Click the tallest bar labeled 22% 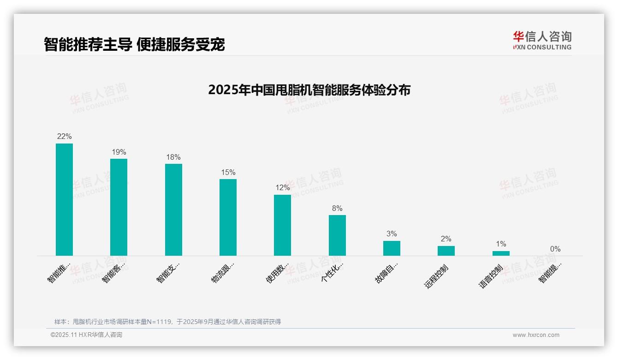coord(64,199)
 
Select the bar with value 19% coord(119,207)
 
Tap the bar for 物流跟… coord(228,217)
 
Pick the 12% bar coord(282,225)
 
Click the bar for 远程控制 coord(446,251)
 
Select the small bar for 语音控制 coord(501,253)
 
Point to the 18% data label coord(173,157)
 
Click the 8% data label coord(337,209)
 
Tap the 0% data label coord(555,249)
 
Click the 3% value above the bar coord(392,234)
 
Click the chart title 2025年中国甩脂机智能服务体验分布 coord(309,90)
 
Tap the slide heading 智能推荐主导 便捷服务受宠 coord(134,45)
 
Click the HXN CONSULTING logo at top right coord(542,41)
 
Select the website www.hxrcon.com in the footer coord(536,335)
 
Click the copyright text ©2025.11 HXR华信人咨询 coord(86,335)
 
